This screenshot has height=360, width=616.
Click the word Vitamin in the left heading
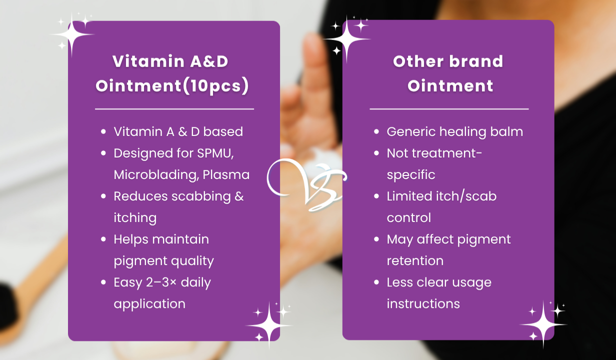(x=148, y=61)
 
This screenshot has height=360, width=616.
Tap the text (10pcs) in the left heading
(x=215, y=86)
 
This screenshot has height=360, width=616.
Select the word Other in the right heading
(x=416, y=61)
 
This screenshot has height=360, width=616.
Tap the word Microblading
(x=156, y=175)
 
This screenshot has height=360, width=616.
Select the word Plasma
(x=226, y=175)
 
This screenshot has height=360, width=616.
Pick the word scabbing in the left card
(x=201, y=196)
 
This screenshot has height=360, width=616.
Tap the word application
(x=149, y=304)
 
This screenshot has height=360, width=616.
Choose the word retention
(x=415, y=261)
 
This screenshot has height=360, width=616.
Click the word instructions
(x=423, y=304)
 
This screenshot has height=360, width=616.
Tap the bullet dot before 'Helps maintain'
(x=103, y=239)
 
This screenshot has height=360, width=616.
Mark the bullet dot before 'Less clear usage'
(x=376, y=282)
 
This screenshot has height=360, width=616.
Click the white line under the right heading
(x=449, y=109)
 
